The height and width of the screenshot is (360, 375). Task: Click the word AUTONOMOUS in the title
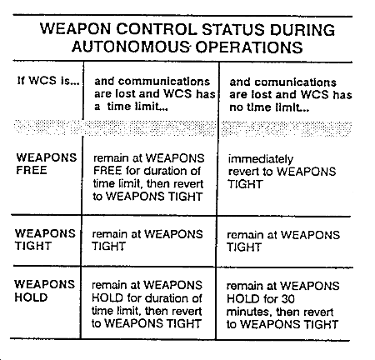[130, 47]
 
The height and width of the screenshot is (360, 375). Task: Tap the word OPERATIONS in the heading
[249, 47]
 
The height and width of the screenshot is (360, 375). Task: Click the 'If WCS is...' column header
[48, 81]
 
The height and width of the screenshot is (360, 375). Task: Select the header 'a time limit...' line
[131, 107]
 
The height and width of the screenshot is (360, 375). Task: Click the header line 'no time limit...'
[269, 107]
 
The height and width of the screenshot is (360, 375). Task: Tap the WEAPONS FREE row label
[47, 164]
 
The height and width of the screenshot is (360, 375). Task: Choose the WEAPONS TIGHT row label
[45, 240]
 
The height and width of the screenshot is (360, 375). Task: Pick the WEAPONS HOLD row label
[44, 291]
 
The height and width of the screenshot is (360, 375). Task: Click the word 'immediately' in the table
[261, 159]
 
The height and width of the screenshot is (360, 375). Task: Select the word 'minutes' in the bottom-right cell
[248, 312]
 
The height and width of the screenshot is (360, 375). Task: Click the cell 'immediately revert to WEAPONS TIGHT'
[282, 172]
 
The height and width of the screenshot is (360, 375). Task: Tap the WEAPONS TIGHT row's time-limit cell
[147, 240]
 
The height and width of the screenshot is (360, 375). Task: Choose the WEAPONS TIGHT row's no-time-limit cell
[283, 241]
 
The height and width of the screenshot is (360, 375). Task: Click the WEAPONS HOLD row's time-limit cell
[147, 304]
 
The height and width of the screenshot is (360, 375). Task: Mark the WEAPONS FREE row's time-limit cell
[148, 177]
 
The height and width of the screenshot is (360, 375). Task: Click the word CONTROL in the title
[157, 29]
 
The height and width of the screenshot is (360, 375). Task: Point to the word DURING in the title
[302, 30]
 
